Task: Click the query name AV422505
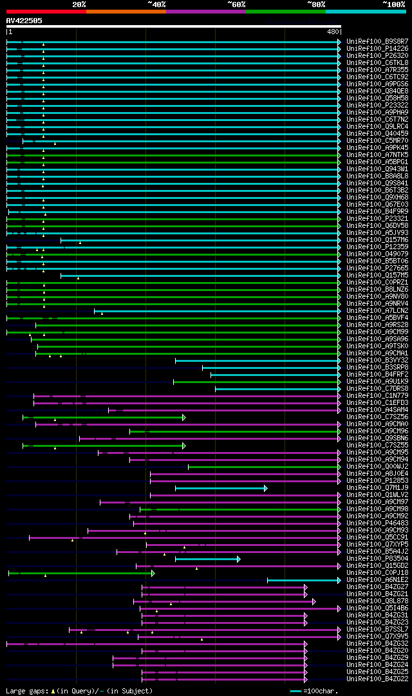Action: [x=24, y=21]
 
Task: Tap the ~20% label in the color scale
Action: [x=79, y=5]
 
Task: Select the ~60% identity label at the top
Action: [x=236, y=5]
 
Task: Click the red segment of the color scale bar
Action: [x=46, y=12]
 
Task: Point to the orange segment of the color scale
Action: [x=126, y=12]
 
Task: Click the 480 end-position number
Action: [x=333, y=31]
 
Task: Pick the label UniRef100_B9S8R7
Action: [x=377, y=41]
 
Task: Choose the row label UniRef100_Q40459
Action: [x=377, y=133]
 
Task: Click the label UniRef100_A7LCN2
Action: [x=377, y=310]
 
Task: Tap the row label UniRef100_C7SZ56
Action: [x=377, y=417]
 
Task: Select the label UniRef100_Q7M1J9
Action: [x=377, y=487]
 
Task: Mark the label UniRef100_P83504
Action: [x=377, y=558]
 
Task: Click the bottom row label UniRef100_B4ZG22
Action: [x=377, y=679]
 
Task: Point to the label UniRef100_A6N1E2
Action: [x=377, y=579]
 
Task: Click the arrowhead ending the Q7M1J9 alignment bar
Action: [x=265, y=488]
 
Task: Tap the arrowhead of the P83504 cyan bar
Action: [x=238, y=559]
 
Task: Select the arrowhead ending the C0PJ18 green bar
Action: [x=153, y=572]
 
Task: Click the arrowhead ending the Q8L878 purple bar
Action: [x=314, y=601]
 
